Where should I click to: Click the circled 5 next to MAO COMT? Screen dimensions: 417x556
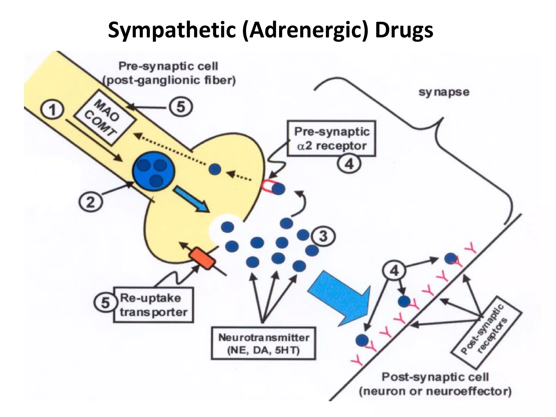tap(181, 107)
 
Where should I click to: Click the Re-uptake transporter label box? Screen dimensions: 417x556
tap(153, 305)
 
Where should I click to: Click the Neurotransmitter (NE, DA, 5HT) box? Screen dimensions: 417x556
tap(263, 344)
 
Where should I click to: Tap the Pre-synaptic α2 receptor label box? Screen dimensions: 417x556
tap(331, 139)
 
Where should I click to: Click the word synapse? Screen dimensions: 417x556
tap(444, 92)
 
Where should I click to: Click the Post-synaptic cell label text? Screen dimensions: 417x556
tap(435, 384)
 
